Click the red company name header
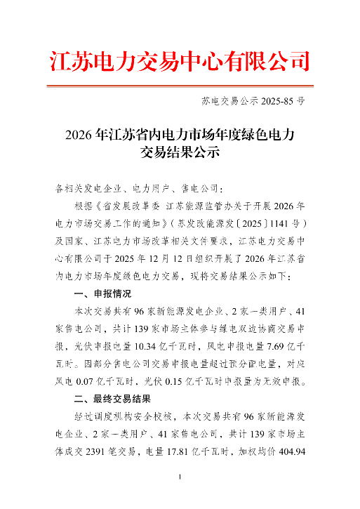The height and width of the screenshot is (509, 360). coord(180,61)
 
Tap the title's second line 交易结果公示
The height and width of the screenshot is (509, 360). coord(180,151)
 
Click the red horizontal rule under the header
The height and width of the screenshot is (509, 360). coord(180,86)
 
